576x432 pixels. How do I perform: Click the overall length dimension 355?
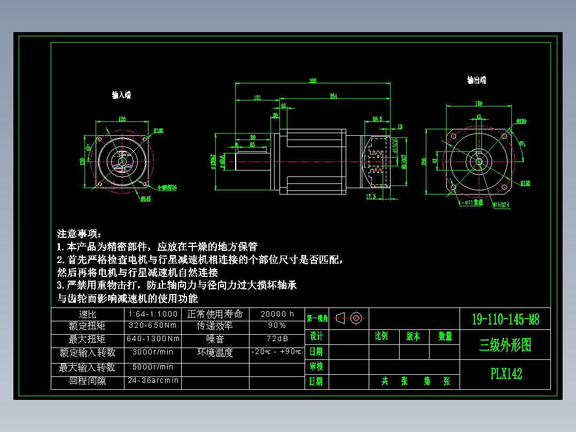[313, 81]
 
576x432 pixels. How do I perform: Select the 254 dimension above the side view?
[333, 96]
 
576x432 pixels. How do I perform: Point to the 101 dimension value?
[257, 97]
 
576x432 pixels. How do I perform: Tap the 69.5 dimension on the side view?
[377, 119]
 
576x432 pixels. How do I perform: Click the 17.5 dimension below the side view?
[371, 197]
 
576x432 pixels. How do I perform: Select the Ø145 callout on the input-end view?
[145, 199]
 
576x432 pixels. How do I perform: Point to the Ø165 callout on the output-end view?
[525, 183]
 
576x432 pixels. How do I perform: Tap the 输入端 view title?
[121, 95]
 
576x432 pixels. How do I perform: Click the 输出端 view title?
[477, 80]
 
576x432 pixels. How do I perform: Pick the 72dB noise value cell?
[277, 339]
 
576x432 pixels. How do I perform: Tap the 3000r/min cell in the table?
[153, 352]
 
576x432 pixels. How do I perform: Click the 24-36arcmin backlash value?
[153, 380]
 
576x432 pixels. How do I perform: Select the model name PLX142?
[505, 374]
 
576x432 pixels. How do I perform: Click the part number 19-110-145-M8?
[505, 320]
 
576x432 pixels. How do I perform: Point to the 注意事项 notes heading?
[79, 234]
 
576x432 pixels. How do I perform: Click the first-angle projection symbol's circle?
[356, 318]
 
